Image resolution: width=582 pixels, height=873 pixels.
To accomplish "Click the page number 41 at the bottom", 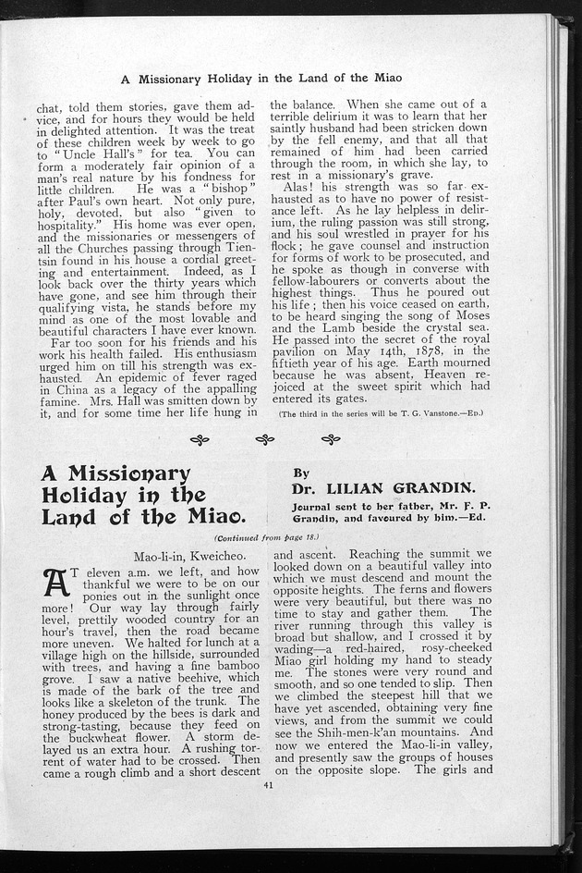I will pos(268,787).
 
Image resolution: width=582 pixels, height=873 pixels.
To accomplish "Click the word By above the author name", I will pos(300,472).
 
